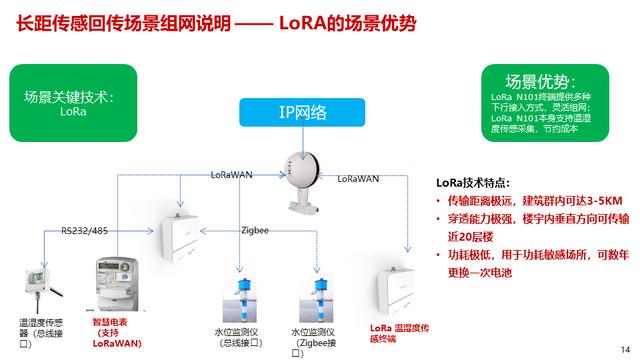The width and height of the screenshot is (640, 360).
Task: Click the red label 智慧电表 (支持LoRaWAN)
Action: (115, 332)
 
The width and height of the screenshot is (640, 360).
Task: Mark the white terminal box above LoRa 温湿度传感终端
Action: (396, 291)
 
